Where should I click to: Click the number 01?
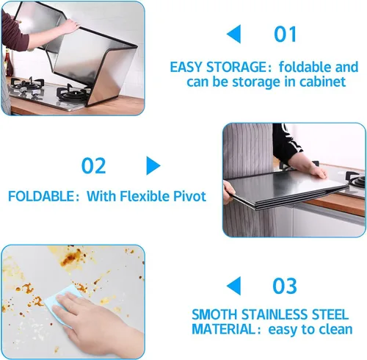pyautogui.click(x=286, y=35)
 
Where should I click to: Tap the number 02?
pyautogui.click(x=93, y=165)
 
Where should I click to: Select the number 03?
pyautogui.click(x=286, y=286)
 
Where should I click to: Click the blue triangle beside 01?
pyautogui.click(x=233, y=34)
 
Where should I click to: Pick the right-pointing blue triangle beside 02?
pyautogui.click(x=153, y=165)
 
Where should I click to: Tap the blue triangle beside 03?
pyautogui.click(x=233, y=286)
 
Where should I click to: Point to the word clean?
pyautogui.click(x=335, y=330)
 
